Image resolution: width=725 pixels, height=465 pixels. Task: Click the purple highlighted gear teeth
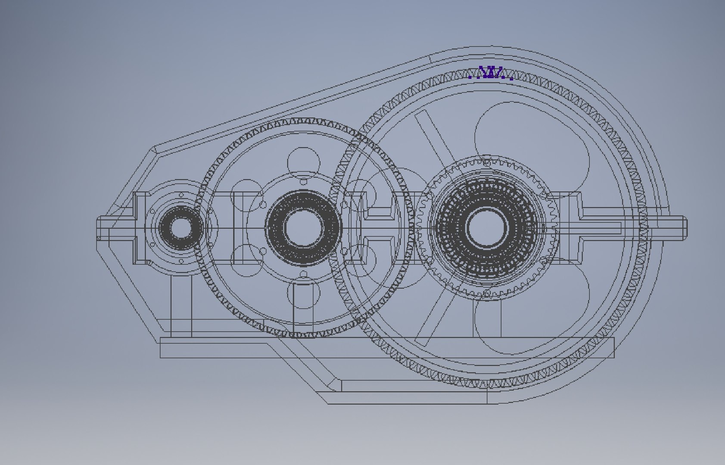coord(490,73)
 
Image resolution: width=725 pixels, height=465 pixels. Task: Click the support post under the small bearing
coord(181,306)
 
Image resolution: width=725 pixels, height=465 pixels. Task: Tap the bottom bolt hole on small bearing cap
coord(181,261)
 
